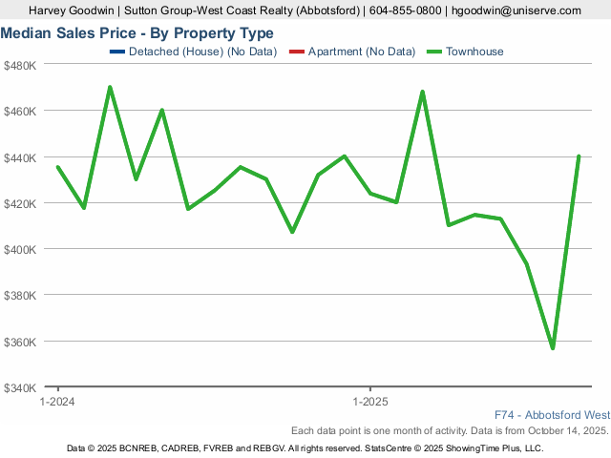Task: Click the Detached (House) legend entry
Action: [x=196, y=52]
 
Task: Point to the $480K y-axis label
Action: [x=20, y=65]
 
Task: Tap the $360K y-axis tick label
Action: [x=20, y=342]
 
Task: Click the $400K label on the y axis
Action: [x=20, y=249]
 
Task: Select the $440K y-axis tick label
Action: [x=20, y=157]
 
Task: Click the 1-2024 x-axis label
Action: [x=58, y=403]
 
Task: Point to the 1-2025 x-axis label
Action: [x=369, y=403]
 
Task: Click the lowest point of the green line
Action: [x=553, y=348]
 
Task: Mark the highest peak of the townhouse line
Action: [x=110, y=87]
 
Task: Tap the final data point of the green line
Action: [x=579, y=156]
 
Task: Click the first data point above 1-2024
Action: [x=58, y=167]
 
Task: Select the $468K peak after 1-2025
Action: [x=422, y=92]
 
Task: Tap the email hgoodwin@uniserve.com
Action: [x=516, y=10]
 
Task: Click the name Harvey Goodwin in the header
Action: [x=73, y=10]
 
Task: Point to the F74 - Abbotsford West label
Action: [x=552, y=415]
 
